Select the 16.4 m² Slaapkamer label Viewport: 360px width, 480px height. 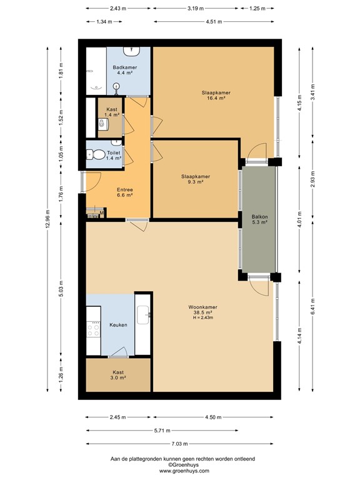[213, 94]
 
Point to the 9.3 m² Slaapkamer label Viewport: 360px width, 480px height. [196, 177]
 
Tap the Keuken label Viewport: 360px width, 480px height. [118, 325]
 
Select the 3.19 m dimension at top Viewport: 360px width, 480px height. [196, 9]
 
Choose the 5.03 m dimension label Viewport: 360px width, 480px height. [61, 287]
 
